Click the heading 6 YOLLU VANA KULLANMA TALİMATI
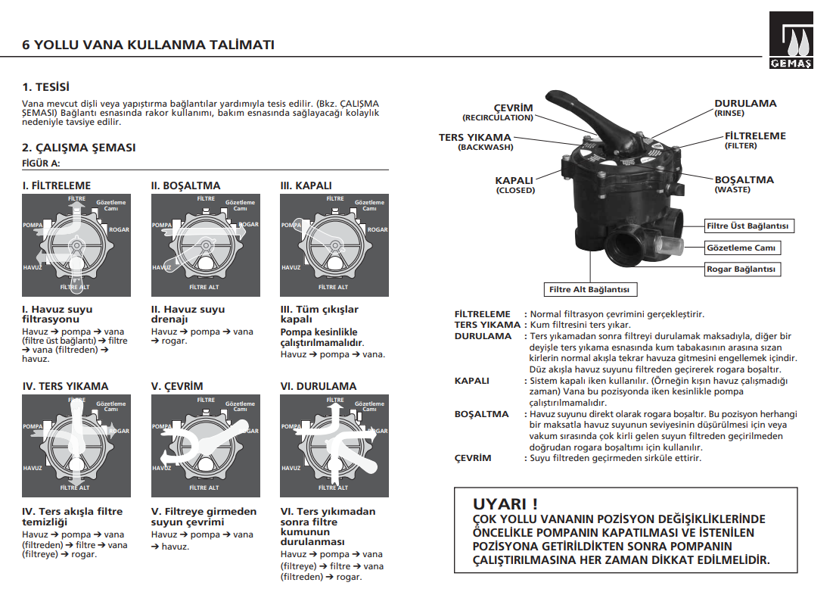[x=148, y=45]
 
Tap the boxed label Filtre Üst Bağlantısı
[x=748, y=226]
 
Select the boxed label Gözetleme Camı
[x=741, y=248]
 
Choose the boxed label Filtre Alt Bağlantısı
[x=589, y=289]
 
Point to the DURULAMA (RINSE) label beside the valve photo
[x=745, y=107]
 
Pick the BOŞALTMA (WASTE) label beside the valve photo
[x=744, y=184]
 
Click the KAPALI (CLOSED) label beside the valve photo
[x=514, y=185]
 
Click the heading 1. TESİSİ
[x=51, y=87]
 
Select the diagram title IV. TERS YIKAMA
[x=65, y=386]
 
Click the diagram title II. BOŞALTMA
[x=186, y=185]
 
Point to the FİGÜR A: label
[x=41, y=163]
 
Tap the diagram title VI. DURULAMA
[x=318, y=386]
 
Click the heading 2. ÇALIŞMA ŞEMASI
[x=79, y=148]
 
